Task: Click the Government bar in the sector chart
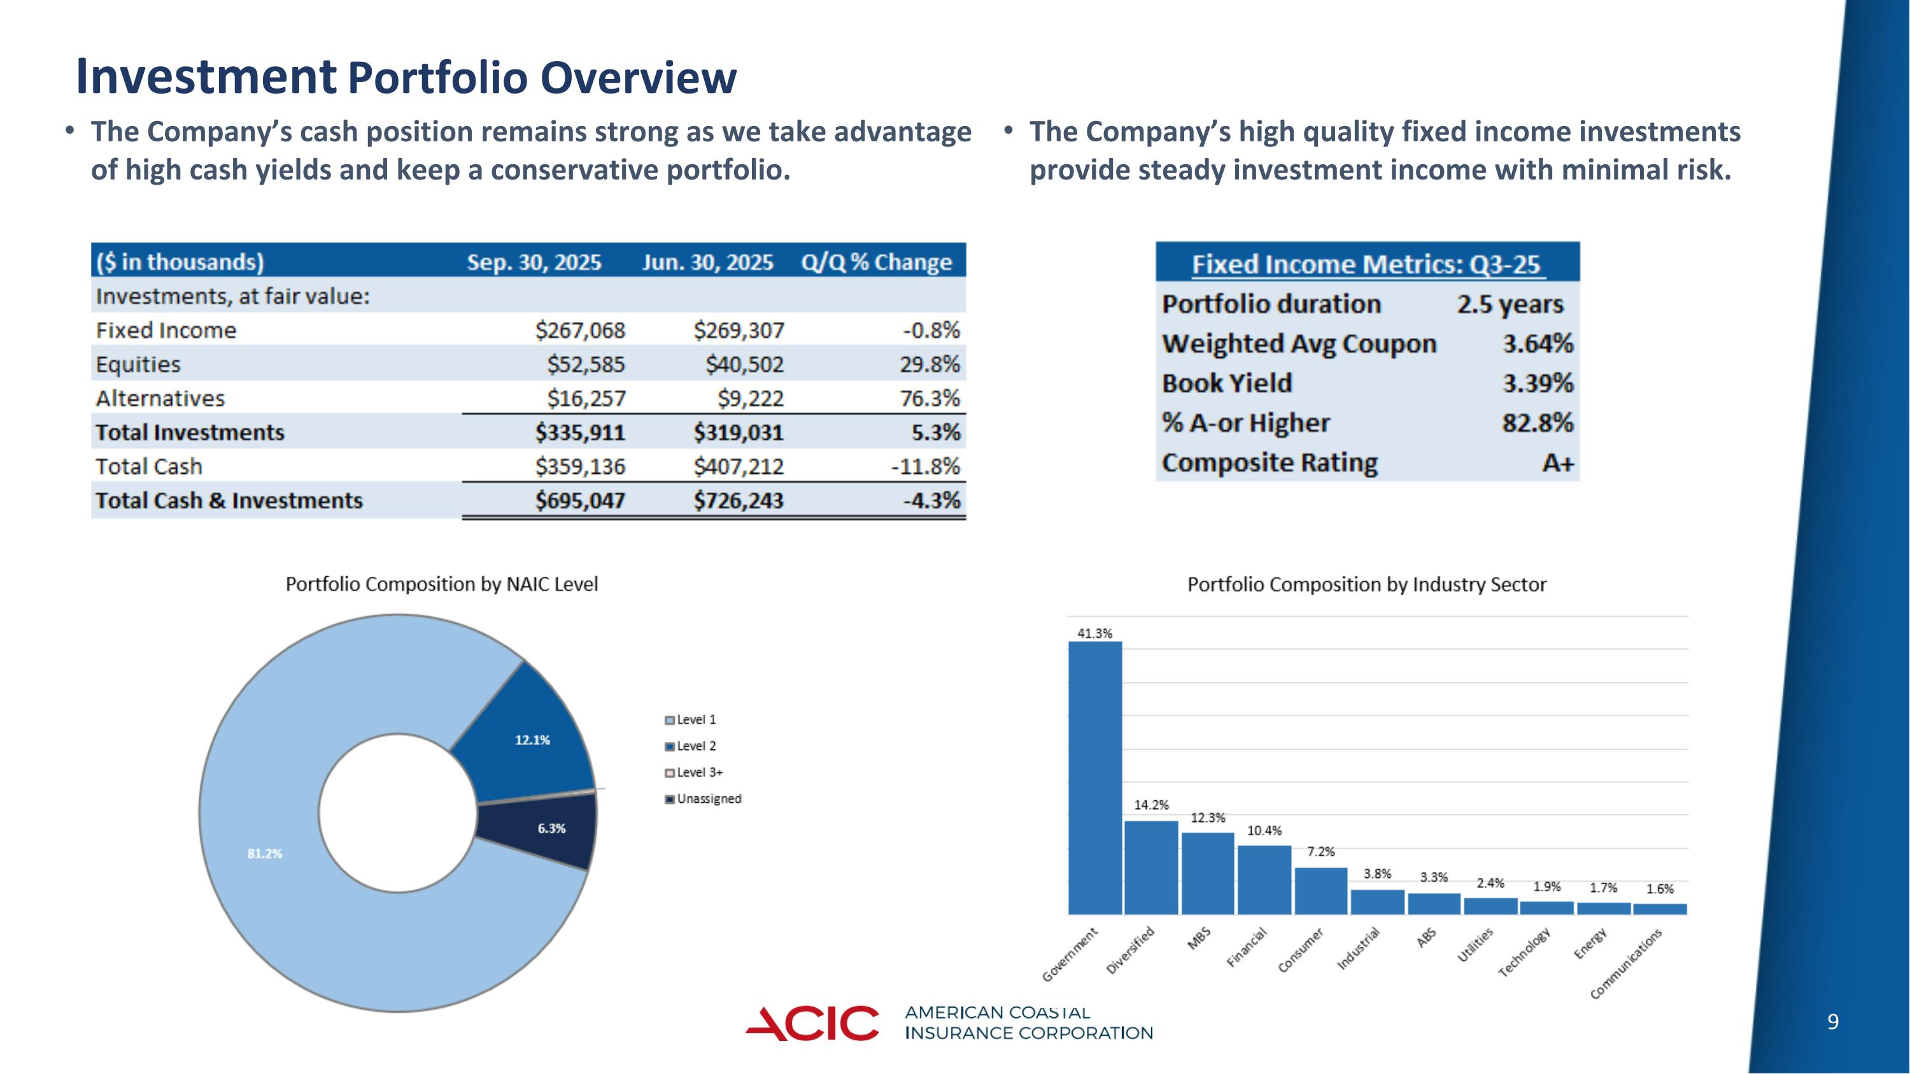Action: pyautogui.click(x=1094, y=778)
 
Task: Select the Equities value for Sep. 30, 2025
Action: pyautogui.click(x=586, y=365)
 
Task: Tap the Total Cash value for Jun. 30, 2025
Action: pyautogui.click(x=739, y=467)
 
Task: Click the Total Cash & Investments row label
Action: pyautogui.click(x=229, y=501)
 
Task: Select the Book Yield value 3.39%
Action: pyautogui.click(x=1537, y=383)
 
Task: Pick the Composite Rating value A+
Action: pyautogui.click(x=1557, y=463)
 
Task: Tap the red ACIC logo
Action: pyautogui.click(x=812, y=1024)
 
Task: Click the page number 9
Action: pyautogui.click(x=1833, y=1023)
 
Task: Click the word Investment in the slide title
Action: pyautogui.click(x=206, y=76)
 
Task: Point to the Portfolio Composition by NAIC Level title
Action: pyautogui.click(x=442, y=585)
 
